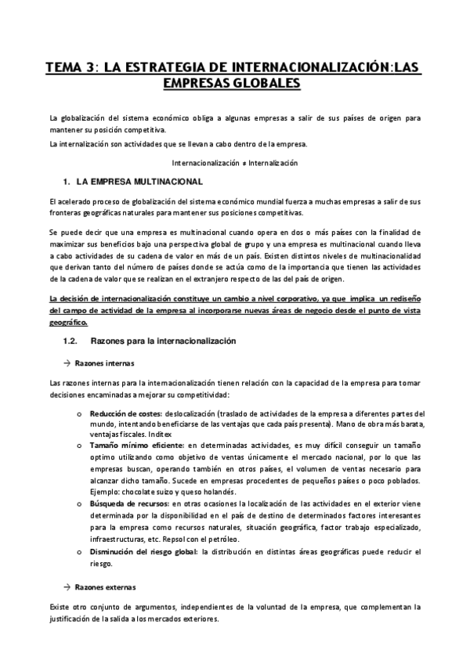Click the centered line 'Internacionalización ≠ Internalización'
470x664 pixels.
click(x=235, y=164)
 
